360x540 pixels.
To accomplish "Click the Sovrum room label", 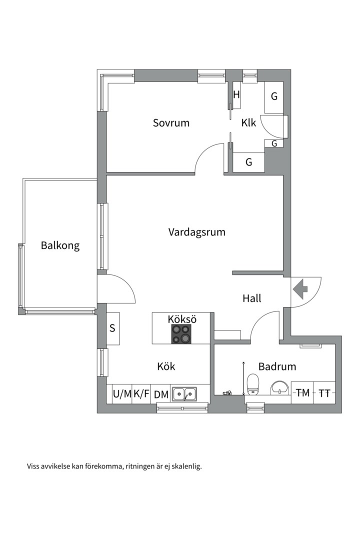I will point(171,123).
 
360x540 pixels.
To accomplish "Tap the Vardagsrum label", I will point(196,232).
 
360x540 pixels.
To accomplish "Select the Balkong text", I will point(60,246).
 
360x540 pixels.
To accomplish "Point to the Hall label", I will point(252,298).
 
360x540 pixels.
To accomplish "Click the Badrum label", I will point(277,366).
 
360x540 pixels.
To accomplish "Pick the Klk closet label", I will point(248,123).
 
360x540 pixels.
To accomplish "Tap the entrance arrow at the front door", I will point(300,288).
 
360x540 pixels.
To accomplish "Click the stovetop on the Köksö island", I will point(181,334).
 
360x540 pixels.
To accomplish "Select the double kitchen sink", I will point(184,394).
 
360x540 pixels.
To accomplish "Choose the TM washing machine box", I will point(302,393).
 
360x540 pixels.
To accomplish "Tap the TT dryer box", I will point(324,393).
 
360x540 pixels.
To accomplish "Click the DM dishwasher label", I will point(161,394).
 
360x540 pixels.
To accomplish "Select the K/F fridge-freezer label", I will point(141,394).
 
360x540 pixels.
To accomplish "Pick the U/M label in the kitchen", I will point(122,394).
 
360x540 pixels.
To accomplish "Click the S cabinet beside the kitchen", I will point(112,328).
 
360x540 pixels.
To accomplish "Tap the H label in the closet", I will point(237,94).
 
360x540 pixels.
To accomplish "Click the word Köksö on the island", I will point(181,319).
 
